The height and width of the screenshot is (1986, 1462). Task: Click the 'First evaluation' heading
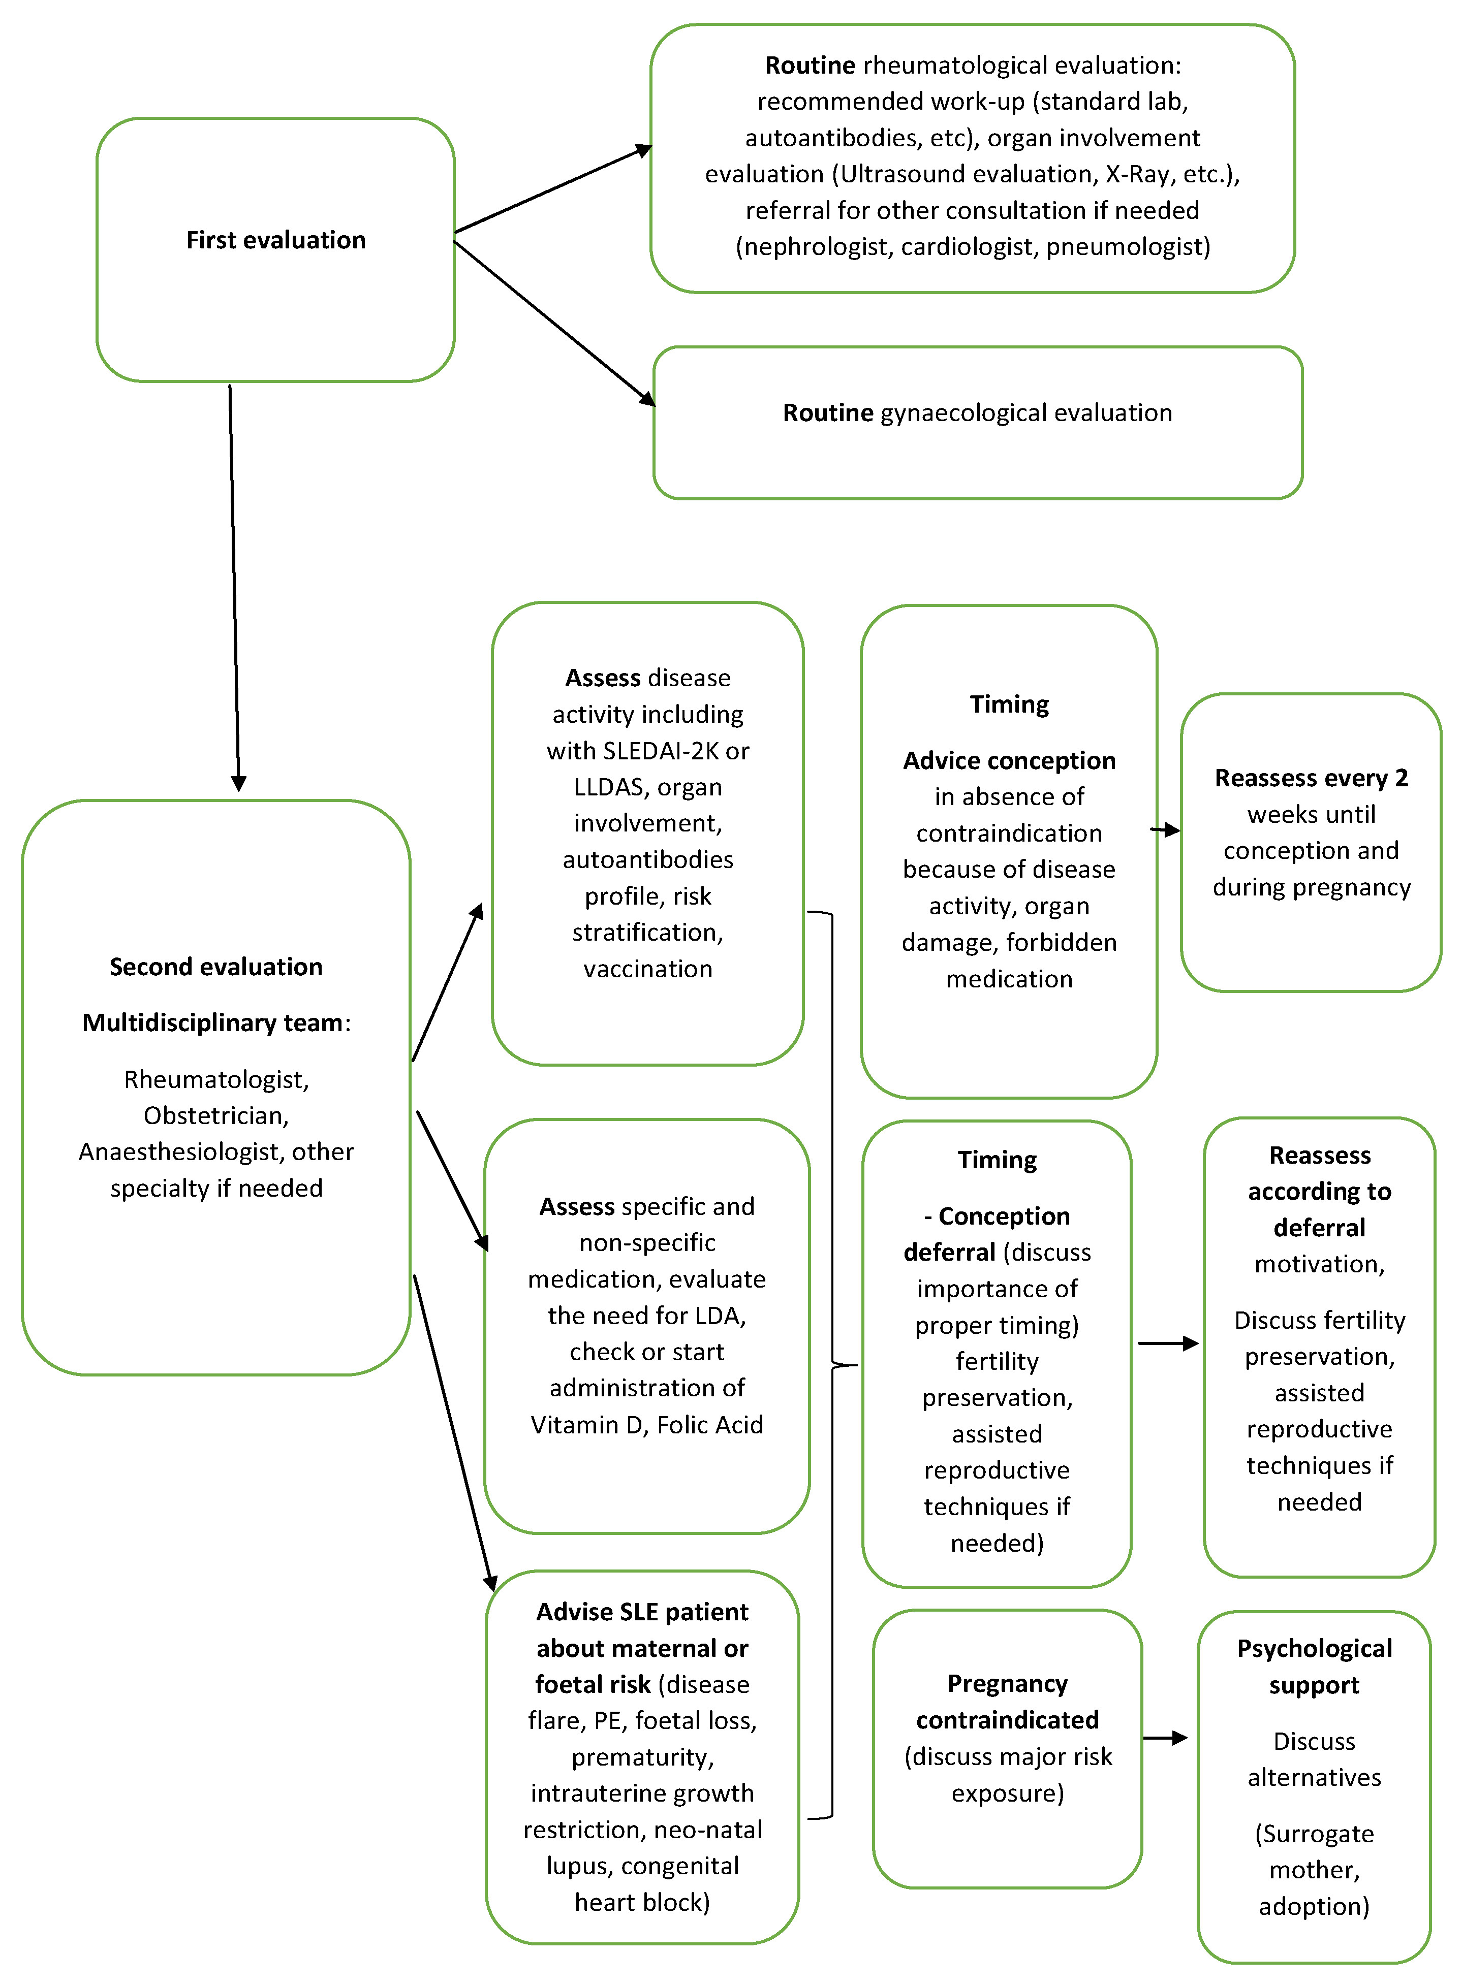(x=275, y=241)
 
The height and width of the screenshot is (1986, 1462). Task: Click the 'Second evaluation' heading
(x=216, y=967)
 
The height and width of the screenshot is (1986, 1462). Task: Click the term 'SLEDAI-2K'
(x=660, y=751)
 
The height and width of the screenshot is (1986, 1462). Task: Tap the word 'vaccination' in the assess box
(x=648, y=970)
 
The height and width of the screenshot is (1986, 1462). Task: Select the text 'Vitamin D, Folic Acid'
(x=647, y=1425)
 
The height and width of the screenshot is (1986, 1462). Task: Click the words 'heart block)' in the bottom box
(x=642, y=1903)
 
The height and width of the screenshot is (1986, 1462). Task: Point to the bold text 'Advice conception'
(x=1009, y=761)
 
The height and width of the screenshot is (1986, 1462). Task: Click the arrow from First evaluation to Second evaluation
(x=235, y=588)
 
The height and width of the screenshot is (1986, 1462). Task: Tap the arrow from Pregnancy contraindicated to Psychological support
(x=1165, y=1738)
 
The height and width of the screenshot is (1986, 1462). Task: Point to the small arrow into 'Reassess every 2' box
(x=1166, y=830)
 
